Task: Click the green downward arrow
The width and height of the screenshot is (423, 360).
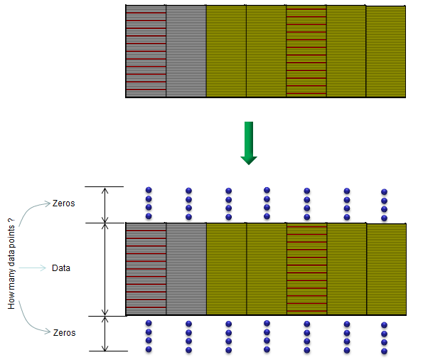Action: (249, 143)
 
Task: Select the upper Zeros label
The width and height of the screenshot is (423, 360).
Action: (64, 203)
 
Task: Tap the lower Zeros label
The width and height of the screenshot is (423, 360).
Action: (64, 333)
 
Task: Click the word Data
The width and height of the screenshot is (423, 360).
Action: (61, 268)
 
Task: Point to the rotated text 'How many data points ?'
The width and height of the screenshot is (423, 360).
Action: (11, 263)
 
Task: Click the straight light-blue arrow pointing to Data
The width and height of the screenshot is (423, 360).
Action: (33, 268)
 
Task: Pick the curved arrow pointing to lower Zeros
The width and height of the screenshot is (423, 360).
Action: (34, 318)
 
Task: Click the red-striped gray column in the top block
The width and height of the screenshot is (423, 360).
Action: (146, 51)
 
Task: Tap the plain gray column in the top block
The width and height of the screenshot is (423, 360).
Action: (186, 51)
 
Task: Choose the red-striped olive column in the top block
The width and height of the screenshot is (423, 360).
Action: (306, 51)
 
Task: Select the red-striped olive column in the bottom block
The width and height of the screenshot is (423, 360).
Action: (306, 269)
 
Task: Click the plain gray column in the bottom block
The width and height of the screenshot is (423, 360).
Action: (186, 269)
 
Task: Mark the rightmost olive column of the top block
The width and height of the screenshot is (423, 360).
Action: (386, 51)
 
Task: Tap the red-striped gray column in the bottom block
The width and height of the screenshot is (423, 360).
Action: (146, 269)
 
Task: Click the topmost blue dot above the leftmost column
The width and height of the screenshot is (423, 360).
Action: (149, 190)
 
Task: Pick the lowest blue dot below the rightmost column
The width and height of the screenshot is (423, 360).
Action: (384, 351)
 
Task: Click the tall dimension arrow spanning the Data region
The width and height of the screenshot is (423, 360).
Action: (105, 270)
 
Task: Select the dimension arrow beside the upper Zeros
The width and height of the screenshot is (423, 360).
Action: (105, 205)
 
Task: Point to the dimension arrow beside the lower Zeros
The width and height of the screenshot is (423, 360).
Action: (105, 334)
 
